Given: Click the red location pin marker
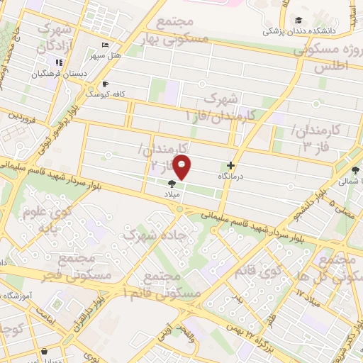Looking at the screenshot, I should pyautogui.click(x=183, y=168).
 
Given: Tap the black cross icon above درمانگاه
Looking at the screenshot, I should pyautogui.click(x=230, y=165).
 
